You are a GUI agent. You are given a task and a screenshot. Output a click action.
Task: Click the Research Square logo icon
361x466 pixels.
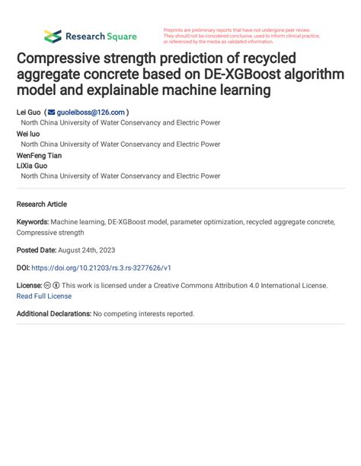coord(53,36)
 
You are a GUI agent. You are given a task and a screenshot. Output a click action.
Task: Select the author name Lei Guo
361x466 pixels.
coord(29,111)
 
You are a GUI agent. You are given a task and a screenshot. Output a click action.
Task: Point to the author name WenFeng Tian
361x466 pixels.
coord(39,154)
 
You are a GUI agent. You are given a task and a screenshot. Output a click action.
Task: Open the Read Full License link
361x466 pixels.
coord(44,296)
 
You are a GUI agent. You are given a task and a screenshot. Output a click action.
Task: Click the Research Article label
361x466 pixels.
coord(41,204)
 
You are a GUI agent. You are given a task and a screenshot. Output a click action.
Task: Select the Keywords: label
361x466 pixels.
coord(34,222)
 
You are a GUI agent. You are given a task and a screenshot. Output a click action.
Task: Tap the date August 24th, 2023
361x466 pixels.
coord(85,250)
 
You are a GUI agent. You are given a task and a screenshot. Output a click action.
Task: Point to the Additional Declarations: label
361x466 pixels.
coord(53,313)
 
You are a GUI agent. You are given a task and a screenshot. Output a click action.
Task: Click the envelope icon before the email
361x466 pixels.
coord(52,111)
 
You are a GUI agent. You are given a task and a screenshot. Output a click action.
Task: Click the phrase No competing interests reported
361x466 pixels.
coord(144,313)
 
